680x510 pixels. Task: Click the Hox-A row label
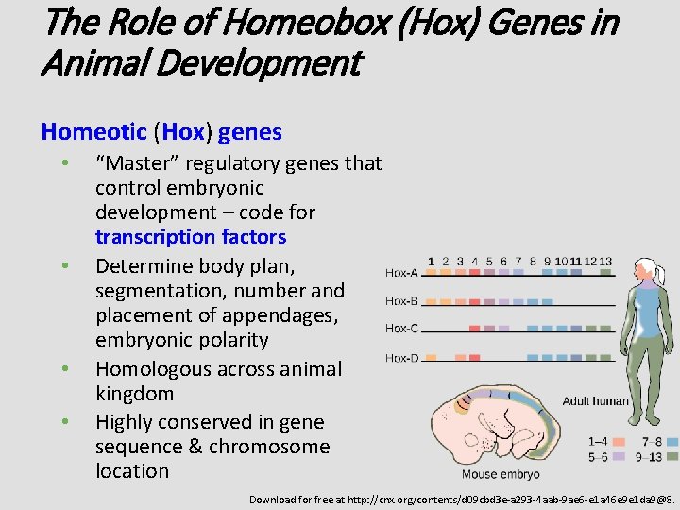401,273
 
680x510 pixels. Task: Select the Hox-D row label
401,358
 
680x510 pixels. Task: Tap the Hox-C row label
401,330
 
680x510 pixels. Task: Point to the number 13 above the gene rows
605,261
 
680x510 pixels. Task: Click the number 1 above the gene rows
432,261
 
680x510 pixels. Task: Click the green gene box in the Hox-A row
605,273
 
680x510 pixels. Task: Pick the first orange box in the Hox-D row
432,358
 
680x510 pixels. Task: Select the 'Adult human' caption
595,400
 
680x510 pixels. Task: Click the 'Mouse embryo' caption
501,474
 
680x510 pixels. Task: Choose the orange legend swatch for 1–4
620,441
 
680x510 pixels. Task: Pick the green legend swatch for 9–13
671,455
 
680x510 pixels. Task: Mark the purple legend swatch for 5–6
620,455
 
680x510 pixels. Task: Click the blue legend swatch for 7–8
671,441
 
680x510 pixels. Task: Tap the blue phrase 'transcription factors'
190,237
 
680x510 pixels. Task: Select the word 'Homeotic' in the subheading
93,132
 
